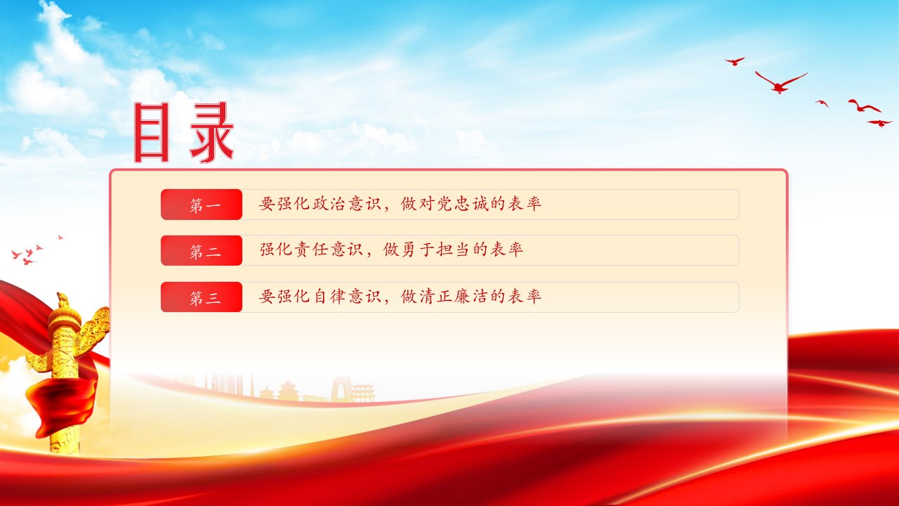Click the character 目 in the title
tap(151, 132)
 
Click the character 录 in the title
tap(212, 132)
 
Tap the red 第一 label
tap(202, 205)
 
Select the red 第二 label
tap(202, 251)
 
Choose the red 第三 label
tap(202, 297)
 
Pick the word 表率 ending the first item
tap(525, 204)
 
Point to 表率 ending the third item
tap(525, 297)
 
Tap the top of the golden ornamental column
tap(63, 300)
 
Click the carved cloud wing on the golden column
tap(96, 326)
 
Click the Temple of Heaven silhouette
tap(288, 389)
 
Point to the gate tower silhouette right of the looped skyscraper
tap(363, 393)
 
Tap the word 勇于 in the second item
tap(408, 249)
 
